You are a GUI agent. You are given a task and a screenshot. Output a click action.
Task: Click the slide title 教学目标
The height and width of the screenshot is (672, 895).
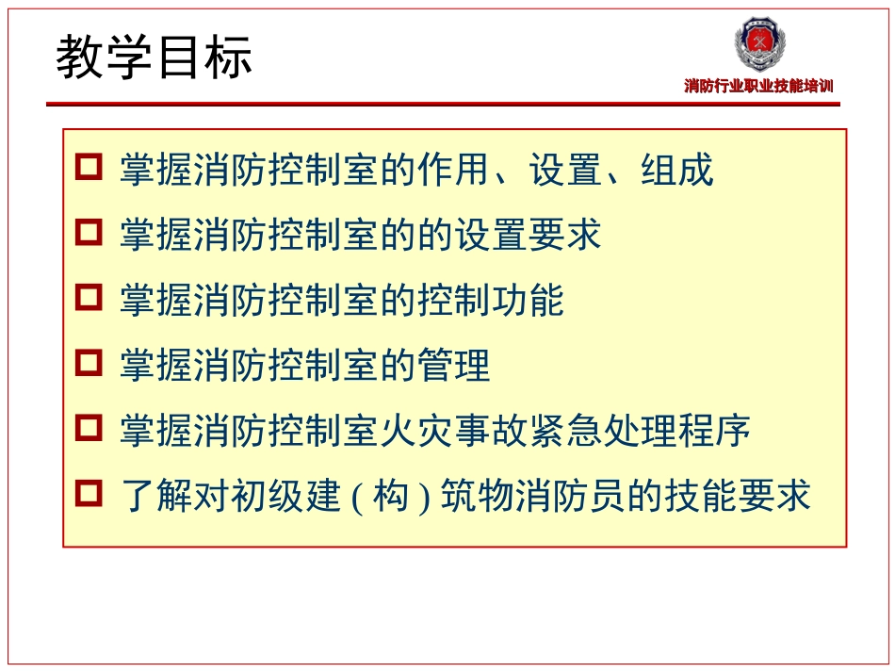pos(155,58)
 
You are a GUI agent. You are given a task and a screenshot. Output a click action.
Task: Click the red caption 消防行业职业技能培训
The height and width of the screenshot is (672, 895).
pos(758,87)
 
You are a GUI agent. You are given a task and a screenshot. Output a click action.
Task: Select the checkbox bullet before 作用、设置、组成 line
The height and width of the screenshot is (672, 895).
pos(88,168)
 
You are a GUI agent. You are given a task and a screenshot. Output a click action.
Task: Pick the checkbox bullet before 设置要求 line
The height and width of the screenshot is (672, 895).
pos(88,233)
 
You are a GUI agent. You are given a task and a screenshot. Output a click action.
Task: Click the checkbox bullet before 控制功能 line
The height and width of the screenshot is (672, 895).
pos(88,298)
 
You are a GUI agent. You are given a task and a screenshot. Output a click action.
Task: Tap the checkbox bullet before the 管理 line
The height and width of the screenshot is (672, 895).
pos(88,363)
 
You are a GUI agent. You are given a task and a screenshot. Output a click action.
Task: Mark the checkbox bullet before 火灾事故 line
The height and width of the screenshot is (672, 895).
pos(88,428)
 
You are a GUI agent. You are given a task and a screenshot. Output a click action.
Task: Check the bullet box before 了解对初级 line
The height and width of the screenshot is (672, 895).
pos(88,493)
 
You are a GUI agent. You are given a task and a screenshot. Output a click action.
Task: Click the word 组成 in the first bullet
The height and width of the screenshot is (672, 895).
pos(676,171)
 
